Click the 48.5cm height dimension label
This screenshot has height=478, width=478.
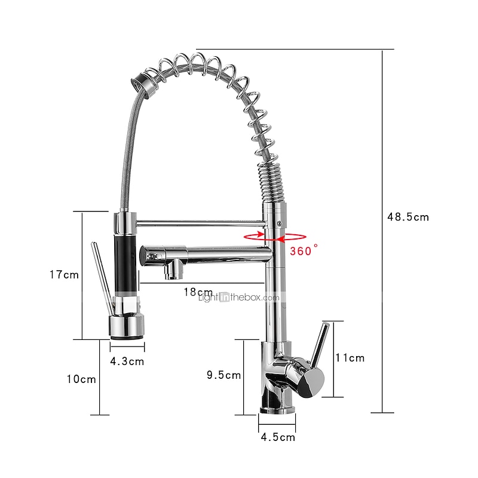[x=408, y=217]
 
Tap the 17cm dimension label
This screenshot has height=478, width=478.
[x=64, y=275]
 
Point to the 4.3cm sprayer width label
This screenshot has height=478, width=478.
[x=127, y=361]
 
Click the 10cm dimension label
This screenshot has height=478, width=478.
[x=81, y=379]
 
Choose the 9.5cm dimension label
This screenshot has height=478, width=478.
[x=223, y=375]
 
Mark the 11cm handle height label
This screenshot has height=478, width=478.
[x=350, y=358]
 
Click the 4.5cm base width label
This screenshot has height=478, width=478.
[x=278, y=437]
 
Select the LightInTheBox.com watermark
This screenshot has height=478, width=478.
[x=238, y=297]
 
